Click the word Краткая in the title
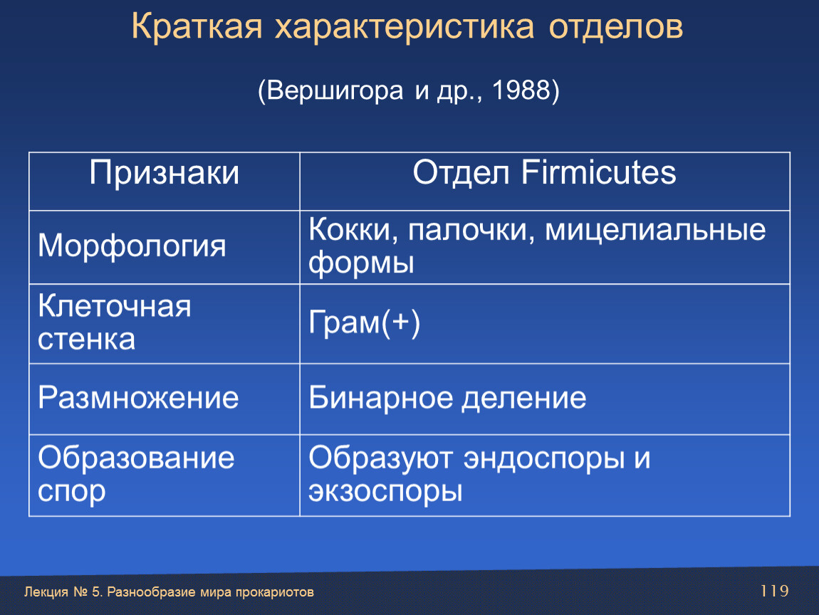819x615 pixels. [x=197, y=26]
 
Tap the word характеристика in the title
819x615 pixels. [x=405, y=27]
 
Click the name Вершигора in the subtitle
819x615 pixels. [x=335, y=91]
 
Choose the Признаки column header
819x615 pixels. [x=164, y=173]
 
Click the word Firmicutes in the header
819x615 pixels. [x=598, y=172]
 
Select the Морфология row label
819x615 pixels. [x=132, y=246]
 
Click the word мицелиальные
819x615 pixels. [x=655, y=230]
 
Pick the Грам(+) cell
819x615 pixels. [x=364, y=323]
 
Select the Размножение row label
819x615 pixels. [x=138, y=398]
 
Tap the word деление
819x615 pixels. [x=524, y=399]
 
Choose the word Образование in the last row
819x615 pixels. [x=136, y=458]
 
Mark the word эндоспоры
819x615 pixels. [x=544, y=459]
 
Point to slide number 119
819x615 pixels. [x=775, y=591]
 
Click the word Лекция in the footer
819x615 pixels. [x=46, y=592]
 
